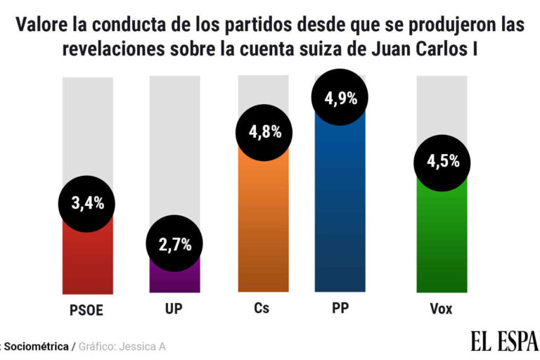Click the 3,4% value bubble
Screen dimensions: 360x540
click(x=87, y=204)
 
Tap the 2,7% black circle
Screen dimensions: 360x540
click(x=174, y=245)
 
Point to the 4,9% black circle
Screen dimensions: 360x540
click(x=341, y=98)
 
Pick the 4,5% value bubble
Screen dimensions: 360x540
click(x=443, y=161)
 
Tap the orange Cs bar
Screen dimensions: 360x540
click(x=264, y=225)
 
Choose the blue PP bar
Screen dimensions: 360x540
click(x=341, y=211)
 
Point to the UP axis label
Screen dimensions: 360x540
click(x=174, y=309)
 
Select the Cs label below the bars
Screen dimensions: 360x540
click(x=262, y=309)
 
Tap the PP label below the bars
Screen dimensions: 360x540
click(x=341, y=309)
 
